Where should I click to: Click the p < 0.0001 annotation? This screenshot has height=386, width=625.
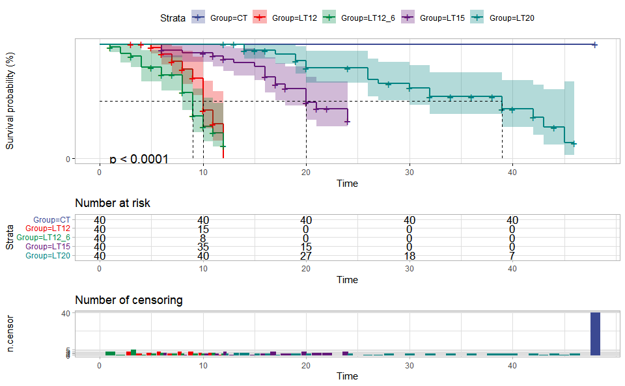click(x=139, y=159)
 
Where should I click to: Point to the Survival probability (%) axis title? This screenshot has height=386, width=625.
click(x=10, y=102)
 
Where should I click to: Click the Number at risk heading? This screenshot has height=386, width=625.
click(x=113, y=203)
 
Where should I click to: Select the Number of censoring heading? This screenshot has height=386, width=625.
click(x=129, y=300)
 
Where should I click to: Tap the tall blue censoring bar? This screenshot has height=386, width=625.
click(x=595, y=334)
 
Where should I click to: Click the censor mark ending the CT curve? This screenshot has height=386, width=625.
click(x=594, y=45)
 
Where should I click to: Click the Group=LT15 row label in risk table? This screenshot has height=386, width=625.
click(x=48, y=247)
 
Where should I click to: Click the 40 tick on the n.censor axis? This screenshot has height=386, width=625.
click(x=66, y=313)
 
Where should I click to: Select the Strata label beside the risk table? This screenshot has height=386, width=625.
click(x=10, y=238)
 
